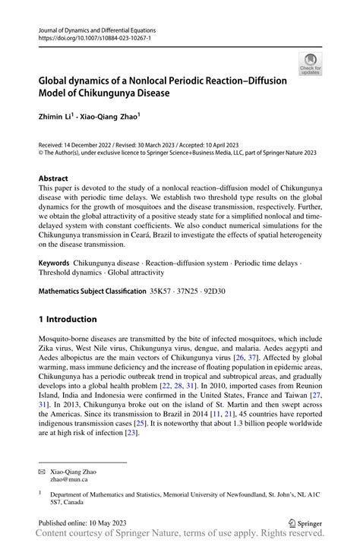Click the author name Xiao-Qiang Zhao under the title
pyautogui.click(x=112, y=118)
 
